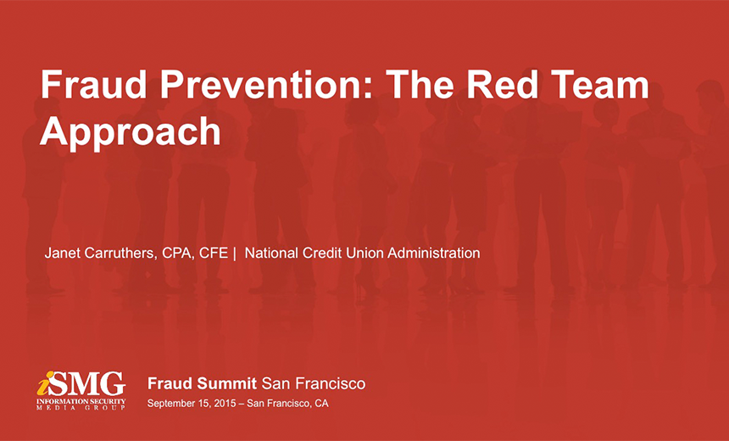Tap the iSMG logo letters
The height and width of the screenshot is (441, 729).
pyautogui.click(x=81, y=384)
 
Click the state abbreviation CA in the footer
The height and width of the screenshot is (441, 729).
pyautogui.click(x=321, y=404)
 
